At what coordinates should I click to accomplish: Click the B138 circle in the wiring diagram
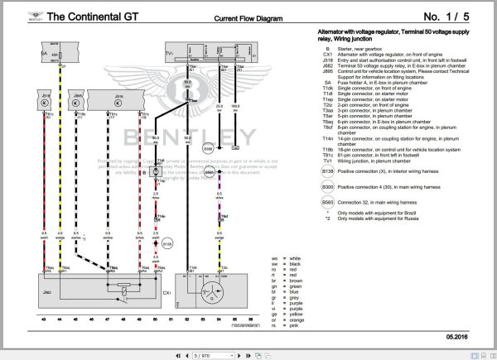(x=166, y=244)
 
